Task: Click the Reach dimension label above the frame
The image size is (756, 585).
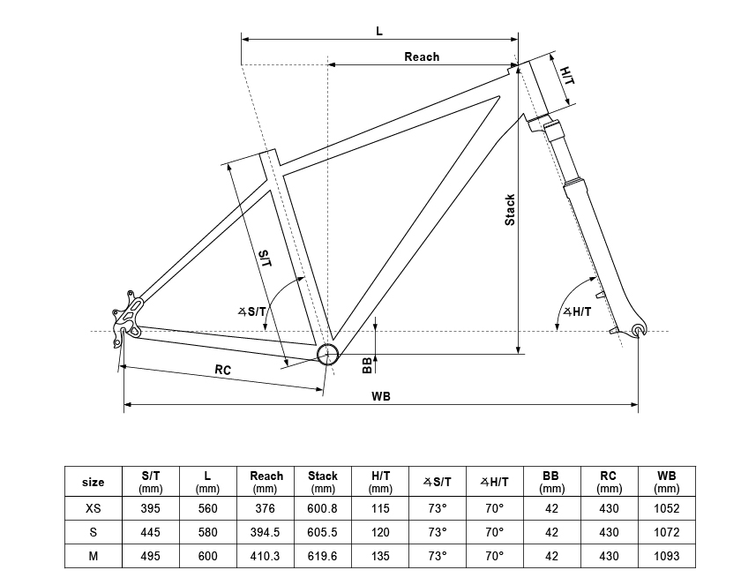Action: coord(422,56)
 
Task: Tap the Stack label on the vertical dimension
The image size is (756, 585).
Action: coord(510,210)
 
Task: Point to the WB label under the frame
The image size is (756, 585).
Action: coord(381,396)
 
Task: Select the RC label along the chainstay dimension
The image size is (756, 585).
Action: coord(223,370)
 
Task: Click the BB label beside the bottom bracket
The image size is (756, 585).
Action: coord(367,365)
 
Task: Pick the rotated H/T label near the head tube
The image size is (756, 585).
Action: coord(567,76)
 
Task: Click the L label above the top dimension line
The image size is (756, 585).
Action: coord(379,32)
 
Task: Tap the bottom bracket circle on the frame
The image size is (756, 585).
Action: coord(328,355)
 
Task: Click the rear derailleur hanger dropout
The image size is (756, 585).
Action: coord(127,319)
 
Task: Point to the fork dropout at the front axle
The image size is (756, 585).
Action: coord(639,330)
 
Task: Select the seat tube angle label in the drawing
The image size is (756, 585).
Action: coord(251,311)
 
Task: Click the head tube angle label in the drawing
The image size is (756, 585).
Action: coord(577,311)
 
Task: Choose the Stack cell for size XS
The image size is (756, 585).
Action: coord(323,508)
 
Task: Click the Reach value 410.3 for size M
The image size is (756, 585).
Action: coord(266,556)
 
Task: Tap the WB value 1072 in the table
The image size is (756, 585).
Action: coord(667,532)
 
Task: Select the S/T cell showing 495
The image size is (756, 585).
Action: coord(151,556)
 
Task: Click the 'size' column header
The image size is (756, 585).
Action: coord(93,483)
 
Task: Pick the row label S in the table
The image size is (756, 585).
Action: coord(93,532)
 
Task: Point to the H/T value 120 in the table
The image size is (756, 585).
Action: coord(380,532)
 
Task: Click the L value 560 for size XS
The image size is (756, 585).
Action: coord(208,508)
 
